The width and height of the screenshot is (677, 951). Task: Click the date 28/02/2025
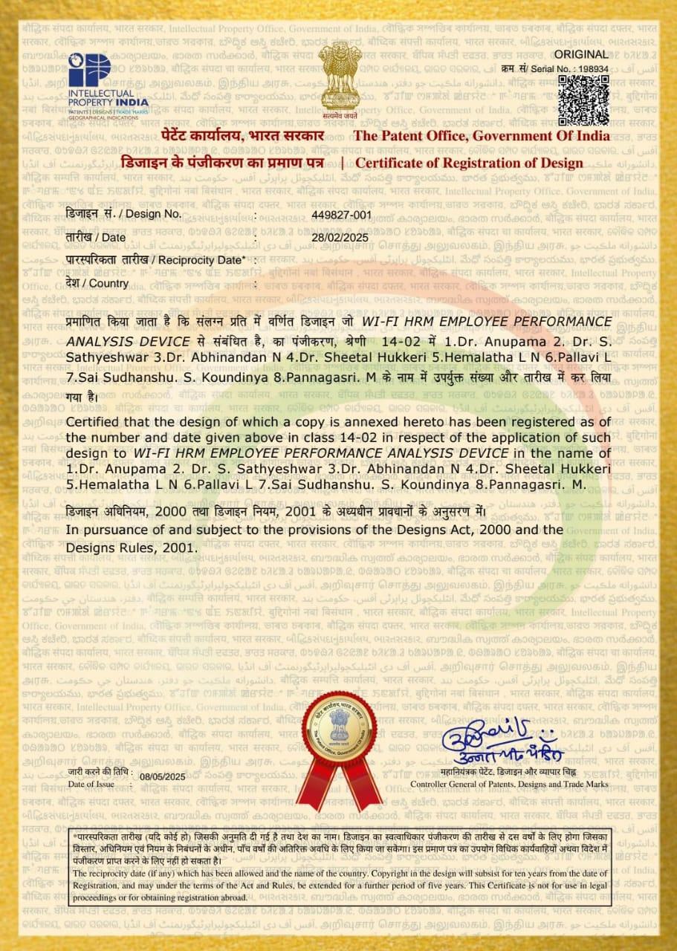coord(339,237)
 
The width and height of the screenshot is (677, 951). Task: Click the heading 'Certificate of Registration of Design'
coord(469,163)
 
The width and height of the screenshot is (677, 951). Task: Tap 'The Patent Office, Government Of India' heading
coord(482,136)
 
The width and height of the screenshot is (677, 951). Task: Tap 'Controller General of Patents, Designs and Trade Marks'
coord(509,784)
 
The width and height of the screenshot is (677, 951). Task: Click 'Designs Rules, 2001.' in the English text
coord(132,547)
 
